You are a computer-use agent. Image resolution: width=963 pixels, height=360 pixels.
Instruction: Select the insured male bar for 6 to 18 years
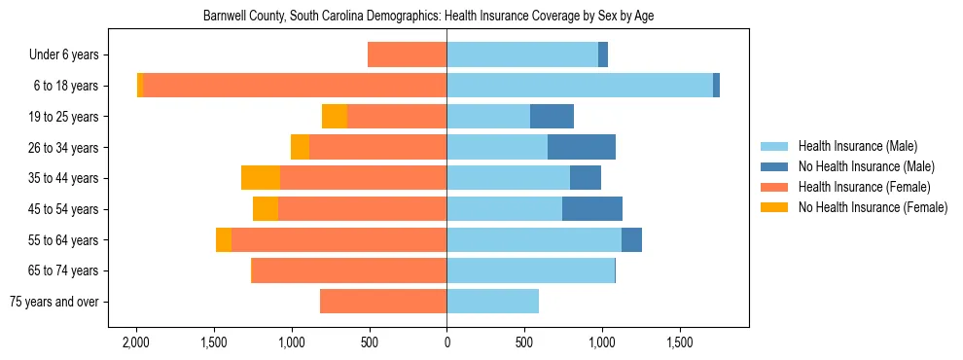(579, 86)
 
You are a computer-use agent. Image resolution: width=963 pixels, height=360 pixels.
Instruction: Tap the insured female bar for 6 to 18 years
(295, 86)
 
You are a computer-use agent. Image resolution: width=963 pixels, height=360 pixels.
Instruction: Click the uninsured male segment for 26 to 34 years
(582, 147)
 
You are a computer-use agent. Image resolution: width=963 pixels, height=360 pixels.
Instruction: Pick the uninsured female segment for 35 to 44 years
(261, 178)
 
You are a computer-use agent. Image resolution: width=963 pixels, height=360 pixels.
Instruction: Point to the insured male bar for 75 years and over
(492, 302)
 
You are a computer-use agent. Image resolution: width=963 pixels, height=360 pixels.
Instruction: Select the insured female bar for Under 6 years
(407, 54)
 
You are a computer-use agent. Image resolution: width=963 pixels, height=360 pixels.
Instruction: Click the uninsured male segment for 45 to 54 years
(592, 209)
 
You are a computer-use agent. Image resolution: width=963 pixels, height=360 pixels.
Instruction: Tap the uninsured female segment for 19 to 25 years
(335, 117)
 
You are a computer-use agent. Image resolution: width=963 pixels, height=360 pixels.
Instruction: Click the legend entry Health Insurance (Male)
(857, 146)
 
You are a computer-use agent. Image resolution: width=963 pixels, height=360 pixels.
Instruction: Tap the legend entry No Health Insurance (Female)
(872, 207)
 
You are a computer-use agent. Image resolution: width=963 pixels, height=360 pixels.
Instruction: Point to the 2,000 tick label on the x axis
(135, 343)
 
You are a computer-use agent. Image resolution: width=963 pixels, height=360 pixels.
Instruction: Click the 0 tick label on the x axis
(446, 343)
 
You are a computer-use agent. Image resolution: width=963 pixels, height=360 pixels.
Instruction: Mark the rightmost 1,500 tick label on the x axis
(680, 343)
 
